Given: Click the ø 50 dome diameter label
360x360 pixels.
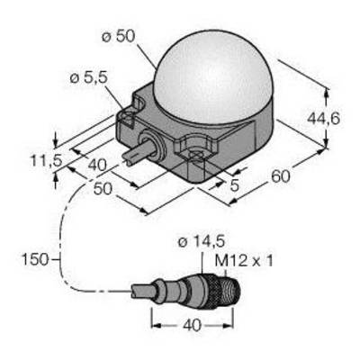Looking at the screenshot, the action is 119,37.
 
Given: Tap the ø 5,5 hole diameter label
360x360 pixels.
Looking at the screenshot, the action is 88,78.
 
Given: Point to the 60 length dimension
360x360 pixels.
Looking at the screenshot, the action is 281,176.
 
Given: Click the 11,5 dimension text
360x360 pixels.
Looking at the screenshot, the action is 46,161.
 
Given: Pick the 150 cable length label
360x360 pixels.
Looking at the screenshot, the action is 35,259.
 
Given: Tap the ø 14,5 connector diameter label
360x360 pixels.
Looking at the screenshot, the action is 202,242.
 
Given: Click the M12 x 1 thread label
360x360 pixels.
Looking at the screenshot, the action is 244,261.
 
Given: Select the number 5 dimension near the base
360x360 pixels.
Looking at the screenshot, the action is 234,185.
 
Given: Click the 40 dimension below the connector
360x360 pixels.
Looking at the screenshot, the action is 192,326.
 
